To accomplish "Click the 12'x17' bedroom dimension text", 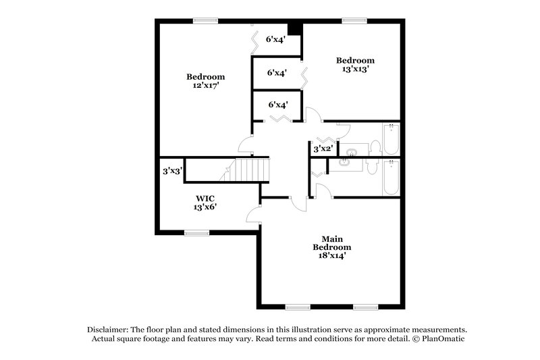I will pos(205,86).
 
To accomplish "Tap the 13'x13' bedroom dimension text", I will pos(355,69).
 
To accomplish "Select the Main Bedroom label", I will pos(331,242).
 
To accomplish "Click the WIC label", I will pos(205,199).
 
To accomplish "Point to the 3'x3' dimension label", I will pos(171,172).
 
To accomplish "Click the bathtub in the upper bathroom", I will pos(390,139).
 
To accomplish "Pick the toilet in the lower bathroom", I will pos(373,166).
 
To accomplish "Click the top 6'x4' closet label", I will pos(277,40).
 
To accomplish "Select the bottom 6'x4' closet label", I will pos(278,105).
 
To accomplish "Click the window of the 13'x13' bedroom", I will pos(353,21).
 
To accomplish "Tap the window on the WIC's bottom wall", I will pos(197,233).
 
